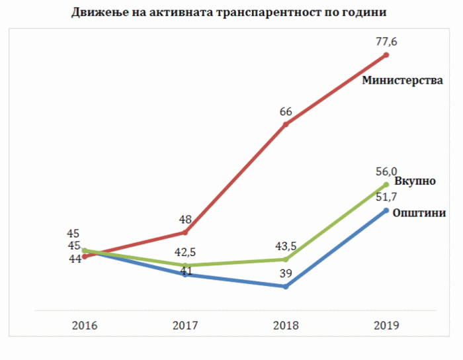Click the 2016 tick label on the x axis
[85, 325]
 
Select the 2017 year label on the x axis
[185, 325]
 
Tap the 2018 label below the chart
[285, 325]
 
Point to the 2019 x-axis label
[386, 325]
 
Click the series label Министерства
[402, 81]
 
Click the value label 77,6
[386, 42]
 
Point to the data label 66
[286, 111]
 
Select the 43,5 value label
[286, 246]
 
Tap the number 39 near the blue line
[285, 274]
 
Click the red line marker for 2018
[285, 124]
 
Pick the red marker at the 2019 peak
[386, 55]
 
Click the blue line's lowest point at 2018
[285, 287]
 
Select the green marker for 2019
[386, 185]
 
